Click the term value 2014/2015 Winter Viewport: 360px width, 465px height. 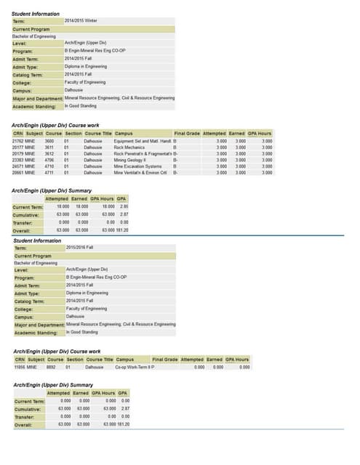click(x=81, y=20)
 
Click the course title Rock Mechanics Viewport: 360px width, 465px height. click(x=130, y=147)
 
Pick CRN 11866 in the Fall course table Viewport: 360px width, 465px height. click(x=21, y=367)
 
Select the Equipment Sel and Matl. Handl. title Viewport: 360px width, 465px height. click(x=142, y=140)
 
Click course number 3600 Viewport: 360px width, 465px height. click(x=49, y=140)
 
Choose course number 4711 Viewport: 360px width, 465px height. click(x=49, y=173)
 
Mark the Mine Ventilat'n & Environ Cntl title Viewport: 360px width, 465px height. click(x=140, y=173)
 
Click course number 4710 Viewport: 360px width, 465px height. click(x=49, y=166)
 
